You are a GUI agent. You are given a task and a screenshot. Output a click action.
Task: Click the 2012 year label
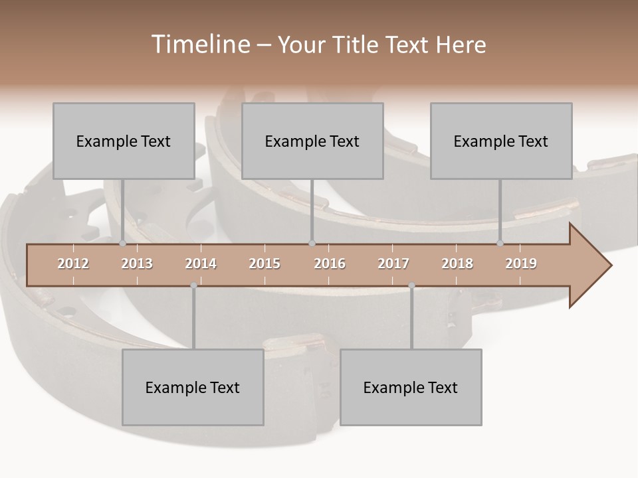click(73, 264)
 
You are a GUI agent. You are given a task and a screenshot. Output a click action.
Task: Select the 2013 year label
click(137, 264)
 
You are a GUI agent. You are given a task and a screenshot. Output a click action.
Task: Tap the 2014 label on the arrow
click(201, 264)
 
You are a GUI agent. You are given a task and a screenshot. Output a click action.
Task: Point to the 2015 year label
click(265, 264)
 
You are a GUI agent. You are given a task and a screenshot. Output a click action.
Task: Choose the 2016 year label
click(330, 264)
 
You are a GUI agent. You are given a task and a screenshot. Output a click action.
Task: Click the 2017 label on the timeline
click(393, 264)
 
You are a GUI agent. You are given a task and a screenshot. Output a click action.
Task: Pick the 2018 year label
click(457, 264)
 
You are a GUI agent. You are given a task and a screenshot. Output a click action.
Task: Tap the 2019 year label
click(521, 264)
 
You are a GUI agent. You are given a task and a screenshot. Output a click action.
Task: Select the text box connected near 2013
click(124, 141)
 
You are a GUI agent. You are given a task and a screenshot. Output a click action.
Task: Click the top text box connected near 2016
click(312, 141)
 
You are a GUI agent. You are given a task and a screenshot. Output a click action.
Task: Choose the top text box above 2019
click(501, 141)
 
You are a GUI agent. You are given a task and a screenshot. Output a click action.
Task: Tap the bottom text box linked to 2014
click(193, 387)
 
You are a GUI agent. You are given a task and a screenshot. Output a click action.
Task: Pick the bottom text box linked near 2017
click(411, 387)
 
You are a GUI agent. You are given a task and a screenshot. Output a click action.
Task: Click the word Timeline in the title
click(199, 44)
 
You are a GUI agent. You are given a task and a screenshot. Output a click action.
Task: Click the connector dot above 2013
click(122, 244)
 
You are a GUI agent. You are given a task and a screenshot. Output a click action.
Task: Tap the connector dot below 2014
click(193, 285)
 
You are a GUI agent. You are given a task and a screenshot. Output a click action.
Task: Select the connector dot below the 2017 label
click(411, 285)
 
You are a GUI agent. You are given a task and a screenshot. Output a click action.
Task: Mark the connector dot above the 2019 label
click(500, 244)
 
